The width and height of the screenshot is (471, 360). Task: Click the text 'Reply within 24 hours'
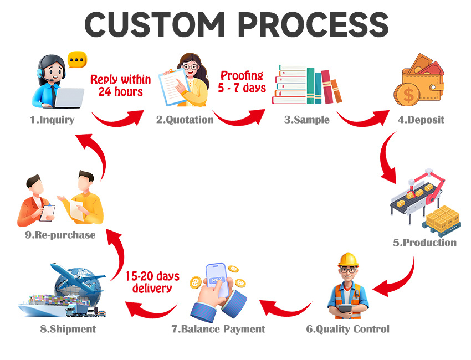pos(120,85)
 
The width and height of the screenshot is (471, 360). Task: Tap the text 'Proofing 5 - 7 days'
pos(243,81)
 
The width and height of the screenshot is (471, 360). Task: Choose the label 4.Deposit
pos(421,120)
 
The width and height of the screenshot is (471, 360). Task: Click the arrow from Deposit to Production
pos(387,161)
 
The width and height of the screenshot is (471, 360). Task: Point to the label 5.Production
pos(425,243)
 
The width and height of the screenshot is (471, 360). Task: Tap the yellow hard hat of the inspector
pos(348,259)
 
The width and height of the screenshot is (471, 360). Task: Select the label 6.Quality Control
pos(348,329)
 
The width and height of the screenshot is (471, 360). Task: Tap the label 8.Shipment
pos(68,329)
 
